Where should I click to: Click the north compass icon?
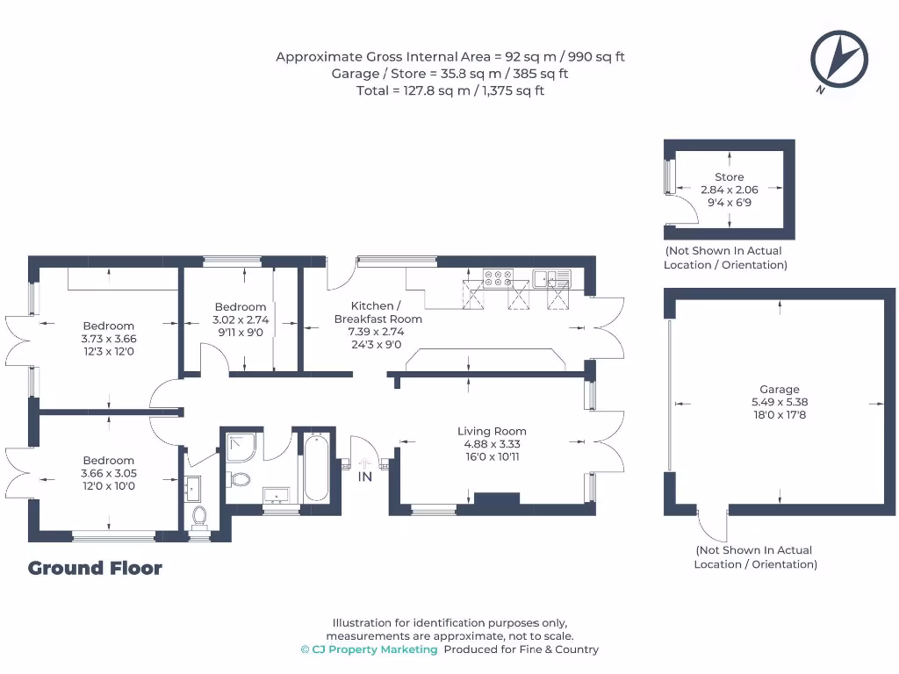coord(838,59)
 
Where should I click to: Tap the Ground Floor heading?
coord(95,568)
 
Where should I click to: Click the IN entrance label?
coord(364,477)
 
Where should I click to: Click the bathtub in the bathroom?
coord(316,466)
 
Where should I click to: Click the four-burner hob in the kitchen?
coord(499,278)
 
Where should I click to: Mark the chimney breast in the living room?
coord(497,499)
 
